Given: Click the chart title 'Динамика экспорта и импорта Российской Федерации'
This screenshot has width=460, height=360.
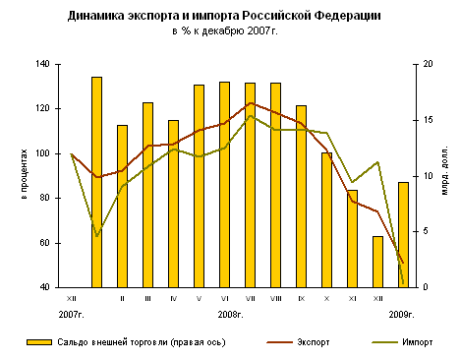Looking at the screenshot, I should tap(225, 18).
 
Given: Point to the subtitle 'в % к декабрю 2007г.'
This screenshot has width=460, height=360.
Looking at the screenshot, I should tap(225, 33).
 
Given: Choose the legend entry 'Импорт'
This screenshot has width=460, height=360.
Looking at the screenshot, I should tap(413, 342).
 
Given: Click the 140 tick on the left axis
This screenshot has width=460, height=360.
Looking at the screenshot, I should tap(43, 64).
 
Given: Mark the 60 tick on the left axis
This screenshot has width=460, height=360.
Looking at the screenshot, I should tap(46, 243).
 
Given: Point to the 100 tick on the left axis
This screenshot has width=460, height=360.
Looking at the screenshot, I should tap(43, 153).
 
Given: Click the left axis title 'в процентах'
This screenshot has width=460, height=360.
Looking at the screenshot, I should tap(24, 175).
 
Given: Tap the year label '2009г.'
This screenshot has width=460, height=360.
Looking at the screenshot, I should tap(402, 314).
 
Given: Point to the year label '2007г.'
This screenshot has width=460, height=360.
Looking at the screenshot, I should tap(71, 314).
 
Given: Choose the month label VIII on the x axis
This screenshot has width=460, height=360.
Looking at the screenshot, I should tap(275, 297).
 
